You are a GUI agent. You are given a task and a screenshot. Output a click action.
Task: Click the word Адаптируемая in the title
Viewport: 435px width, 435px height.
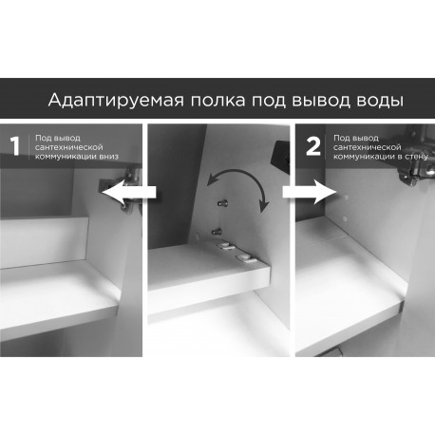pos(116,100)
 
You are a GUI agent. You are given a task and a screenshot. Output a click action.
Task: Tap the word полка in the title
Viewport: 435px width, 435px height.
pos(217,101)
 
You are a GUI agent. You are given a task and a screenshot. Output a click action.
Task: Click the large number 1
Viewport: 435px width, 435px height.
pos(15,146)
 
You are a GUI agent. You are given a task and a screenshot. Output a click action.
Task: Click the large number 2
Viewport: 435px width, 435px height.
pos(313,146)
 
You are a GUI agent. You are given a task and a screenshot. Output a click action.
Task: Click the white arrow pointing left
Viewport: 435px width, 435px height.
pos(129,193)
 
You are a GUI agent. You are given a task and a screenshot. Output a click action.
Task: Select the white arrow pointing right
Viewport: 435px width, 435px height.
pos(310,192)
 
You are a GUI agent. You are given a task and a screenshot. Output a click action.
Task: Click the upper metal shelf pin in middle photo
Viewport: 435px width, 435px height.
pos(223,202)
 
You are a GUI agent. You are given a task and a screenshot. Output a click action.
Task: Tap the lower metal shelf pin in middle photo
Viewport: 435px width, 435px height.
pos(217,233)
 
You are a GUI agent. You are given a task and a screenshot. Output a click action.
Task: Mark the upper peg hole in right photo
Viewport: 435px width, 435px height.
pos(346,198)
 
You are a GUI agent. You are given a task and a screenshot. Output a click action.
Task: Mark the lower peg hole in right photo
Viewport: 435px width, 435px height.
pos(345,218)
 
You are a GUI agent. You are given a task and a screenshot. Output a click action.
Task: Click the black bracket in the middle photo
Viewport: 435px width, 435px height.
pos(280,155)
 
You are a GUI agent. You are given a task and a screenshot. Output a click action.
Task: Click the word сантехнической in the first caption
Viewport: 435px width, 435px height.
pos(69,147)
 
